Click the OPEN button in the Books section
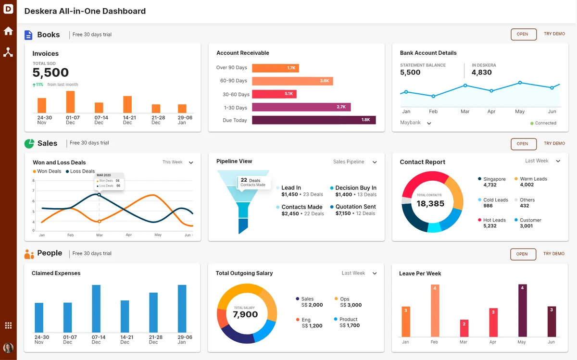point(524,34)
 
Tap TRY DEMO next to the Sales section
point(554,143)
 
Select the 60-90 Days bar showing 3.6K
point(292,81)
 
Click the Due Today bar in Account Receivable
point(314,120)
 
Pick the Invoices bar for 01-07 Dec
point(70,102)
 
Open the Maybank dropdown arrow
point(429,124)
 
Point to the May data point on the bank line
point(520,83)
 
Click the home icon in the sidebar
point(8,31)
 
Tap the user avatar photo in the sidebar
point(8,348)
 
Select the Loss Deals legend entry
point(80,171)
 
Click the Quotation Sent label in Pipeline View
point(355,207)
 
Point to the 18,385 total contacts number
point(430,203)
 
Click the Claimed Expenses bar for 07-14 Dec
point(96,309)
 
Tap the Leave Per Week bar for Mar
point(464,328)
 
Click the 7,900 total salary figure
point(245,314)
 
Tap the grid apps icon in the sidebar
point(8,325)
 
